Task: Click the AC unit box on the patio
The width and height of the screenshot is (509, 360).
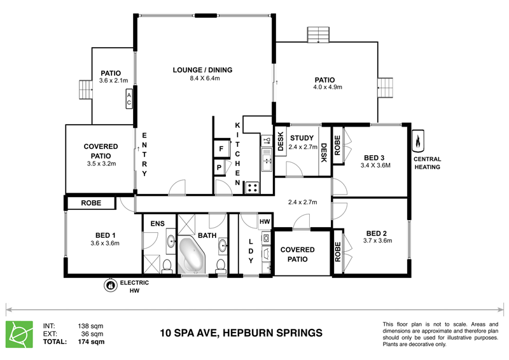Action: pyautogui.click(x=129, y=99)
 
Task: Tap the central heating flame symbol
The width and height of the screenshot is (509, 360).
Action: pyautogui.click(x=418, y=141)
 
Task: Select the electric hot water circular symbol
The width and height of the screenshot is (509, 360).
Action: pyautogui.click(x=110, y=285)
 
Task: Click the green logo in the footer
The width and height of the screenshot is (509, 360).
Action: pyautogui.click(x=20, y=335)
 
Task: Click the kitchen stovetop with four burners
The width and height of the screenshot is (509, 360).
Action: pyautogui.click(x=252, y=188)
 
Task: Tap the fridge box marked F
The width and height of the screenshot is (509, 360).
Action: pyautogui.click(x=221, y=149)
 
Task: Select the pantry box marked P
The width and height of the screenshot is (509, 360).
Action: pyautogui.click(x=219, y=167)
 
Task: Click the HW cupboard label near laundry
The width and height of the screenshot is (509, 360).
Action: pyautogui.click(x=265, y=222)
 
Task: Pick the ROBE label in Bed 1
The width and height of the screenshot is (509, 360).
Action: pyautogui.click(x=91, y=203)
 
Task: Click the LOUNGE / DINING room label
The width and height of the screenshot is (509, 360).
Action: pyautogui.click(x=202, y=70)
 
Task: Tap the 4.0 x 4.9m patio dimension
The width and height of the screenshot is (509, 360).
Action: pyautogui.click(x=328, y=87)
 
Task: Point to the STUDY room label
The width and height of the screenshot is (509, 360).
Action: pyautogui.click(x=302, y=137)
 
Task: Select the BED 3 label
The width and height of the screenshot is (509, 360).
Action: pyautogui.click(x=374, y=158)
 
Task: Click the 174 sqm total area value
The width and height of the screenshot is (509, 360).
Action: pyautogui.click(x=91, y=342)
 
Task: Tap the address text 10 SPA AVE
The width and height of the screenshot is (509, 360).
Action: pyautogui.click(x=190, y=333)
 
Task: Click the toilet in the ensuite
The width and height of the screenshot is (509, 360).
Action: pyautogui.click(x=167, y=265)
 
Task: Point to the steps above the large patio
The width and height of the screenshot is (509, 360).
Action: pyautogui.click(x=319, y=35)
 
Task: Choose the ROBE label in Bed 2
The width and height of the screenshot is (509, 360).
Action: pyautogui.click(x=338, y=252)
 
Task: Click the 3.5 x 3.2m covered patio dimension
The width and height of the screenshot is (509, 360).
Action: pyautogui.click(x=101, y=164)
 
